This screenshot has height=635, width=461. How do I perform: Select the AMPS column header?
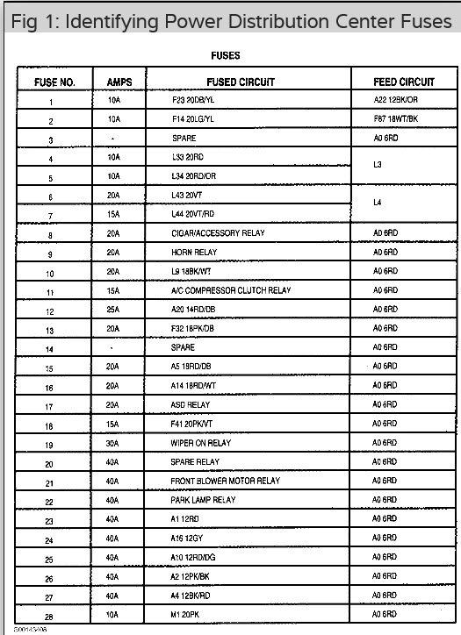(x=119, y=82)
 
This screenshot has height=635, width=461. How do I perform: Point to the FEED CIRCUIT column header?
(x=404, y=82)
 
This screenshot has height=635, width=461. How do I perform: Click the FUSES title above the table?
(x=227, y=56)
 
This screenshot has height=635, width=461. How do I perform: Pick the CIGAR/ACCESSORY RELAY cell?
(x=218, y=233)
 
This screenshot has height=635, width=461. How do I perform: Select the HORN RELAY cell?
(x=195, y=253)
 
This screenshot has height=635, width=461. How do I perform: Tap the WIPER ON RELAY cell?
(x=202, y=443)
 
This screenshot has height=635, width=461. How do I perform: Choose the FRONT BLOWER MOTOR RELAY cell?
(x=225, y=482)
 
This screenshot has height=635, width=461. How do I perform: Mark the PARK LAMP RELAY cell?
(x=204, y=500)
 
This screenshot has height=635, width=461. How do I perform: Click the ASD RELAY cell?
(x=191, y=405)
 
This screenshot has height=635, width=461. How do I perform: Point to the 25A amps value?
(x=113, y=310)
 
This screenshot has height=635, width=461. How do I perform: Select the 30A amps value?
(x=113, y=444)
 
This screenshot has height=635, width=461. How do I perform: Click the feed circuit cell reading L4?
(x=378, y=203)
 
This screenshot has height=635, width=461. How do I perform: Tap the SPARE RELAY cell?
(x=196, y=462)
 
